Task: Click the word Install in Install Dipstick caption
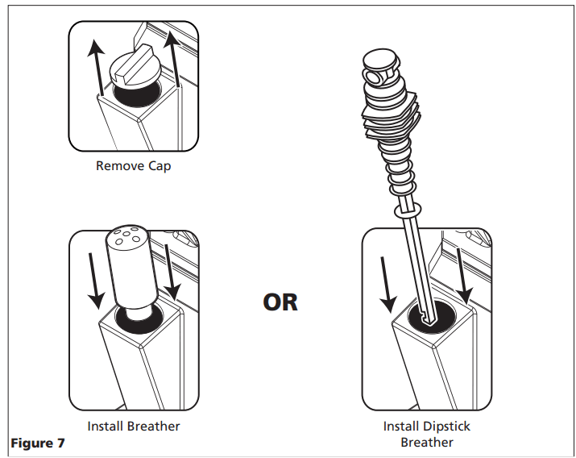click(x=400, y=427)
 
